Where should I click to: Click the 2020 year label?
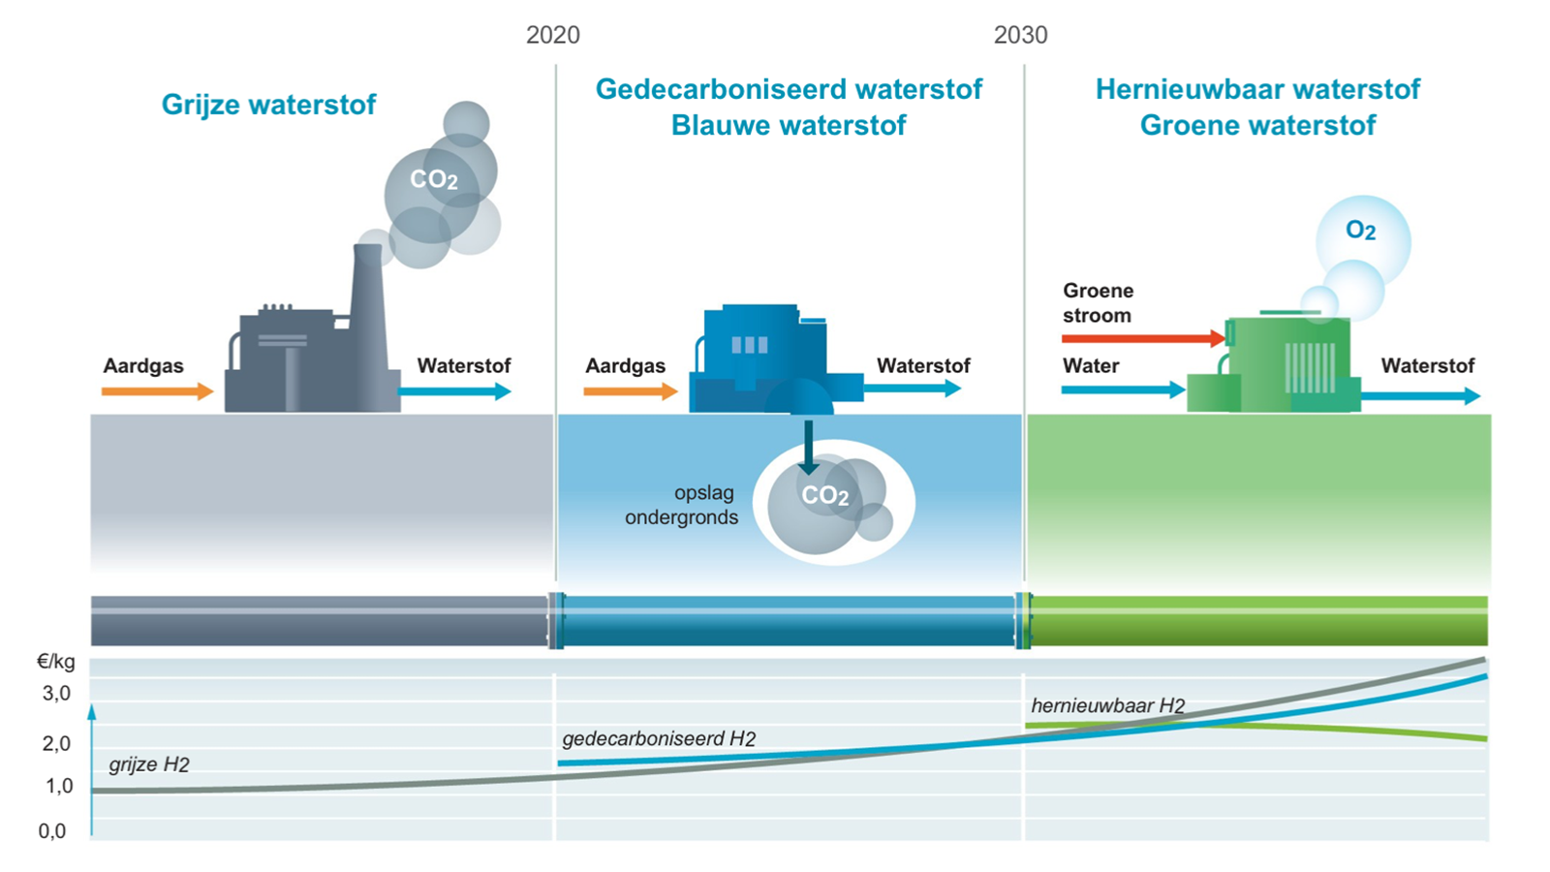coord(553,35)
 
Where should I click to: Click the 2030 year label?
coord(1021,35)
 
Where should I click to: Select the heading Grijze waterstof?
coord(268,105)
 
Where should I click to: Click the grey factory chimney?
coord(368,326)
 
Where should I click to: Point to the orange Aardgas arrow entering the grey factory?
coord(157,391)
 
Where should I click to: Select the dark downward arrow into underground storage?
coord(808,448)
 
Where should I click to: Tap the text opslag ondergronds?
coord(682,505)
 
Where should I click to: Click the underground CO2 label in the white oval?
coord(824,495)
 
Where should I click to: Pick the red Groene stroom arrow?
coord(1143,338)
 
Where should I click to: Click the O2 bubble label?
coord(1360,231)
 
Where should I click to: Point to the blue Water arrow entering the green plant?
coord(1123,389)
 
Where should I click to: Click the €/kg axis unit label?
coord(56,663)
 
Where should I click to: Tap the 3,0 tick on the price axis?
coord(57,693)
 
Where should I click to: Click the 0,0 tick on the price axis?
coord(52,830)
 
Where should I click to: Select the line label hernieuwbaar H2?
coord(1108,706)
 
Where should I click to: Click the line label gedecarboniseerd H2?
coord(659,739)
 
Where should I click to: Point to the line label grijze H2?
coord(149,764)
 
